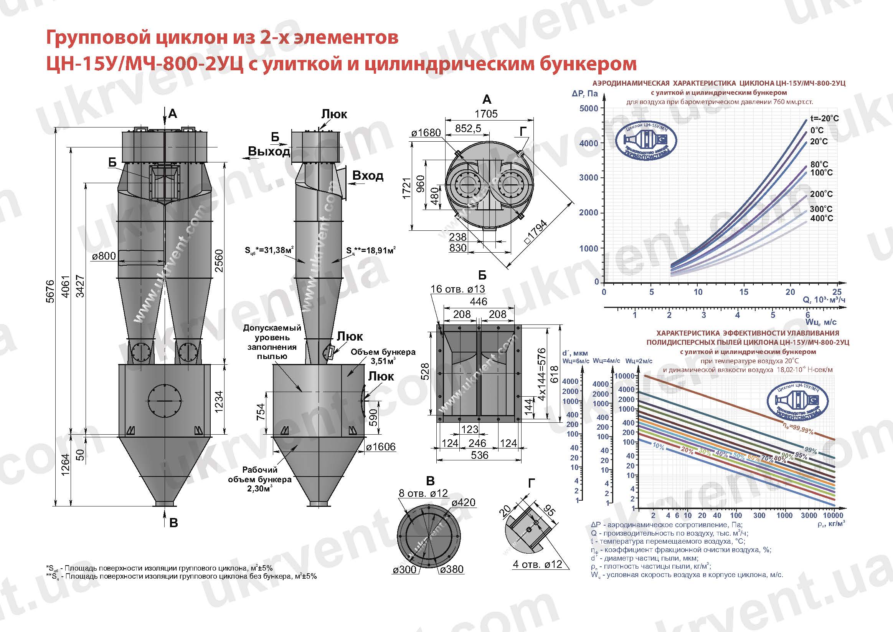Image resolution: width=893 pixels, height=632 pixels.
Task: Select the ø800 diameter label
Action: coord(104,256)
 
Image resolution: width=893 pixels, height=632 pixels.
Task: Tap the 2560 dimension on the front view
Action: coord(219,260)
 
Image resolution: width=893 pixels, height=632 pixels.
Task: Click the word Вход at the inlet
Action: coord(368,175)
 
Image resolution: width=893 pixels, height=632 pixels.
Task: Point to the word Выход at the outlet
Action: coord(269,151)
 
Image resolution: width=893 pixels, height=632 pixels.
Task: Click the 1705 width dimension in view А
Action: coord(486,114)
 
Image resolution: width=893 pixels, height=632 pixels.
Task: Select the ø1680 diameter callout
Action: coord(426,133)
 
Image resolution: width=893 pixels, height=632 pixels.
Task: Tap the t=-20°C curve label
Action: coord(825,118)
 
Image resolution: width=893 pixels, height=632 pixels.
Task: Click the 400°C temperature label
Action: coord(822,218)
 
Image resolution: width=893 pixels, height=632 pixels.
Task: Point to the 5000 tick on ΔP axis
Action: coord(588,108)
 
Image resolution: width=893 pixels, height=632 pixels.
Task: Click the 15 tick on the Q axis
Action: coord(743,292)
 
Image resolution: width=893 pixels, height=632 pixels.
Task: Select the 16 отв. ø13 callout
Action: coord(457,289)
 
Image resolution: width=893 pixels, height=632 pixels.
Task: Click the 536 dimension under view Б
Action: coord(479,455)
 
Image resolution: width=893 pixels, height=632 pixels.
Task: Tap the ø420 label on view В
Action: coord(463,502)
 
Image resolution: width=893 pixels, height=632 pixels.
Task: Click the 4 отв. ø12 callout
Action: coord(537,564)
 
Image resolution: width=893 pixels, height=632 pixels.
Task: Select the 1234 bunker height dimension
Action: coord(219,402)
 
